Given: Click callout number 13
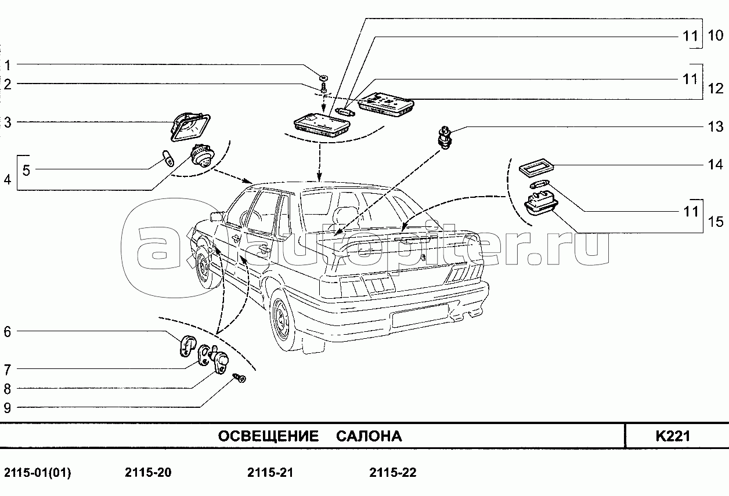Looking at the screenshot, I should coord(715,126).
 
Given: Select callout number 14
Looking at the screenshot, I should coord(715,165).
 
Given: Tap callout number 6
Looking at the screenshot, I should coord(7,332).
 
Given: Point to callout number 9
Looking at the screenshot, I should coord(7,407).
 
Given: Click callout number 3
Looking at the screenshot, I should coord(7,122).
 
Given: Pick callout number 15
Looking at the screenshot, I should coord(715,221).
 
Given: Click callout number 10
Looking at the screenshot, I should coord(715,36).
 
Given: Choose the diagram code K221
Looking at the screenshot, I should coord(673,436).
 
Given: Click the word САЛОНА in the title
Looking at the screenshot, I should coord(369,436).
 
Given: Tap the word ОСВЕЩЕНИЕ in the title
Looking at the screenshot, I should coord(268,436).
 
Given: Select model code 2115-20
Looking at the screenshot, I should coord(148,473).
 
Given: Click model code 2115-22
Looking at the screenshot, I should coord(393,473).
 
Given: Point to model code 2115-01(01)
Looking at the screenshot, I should coord(38,473).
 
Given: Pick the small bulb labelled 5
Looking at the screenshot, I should coord(168,157).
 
